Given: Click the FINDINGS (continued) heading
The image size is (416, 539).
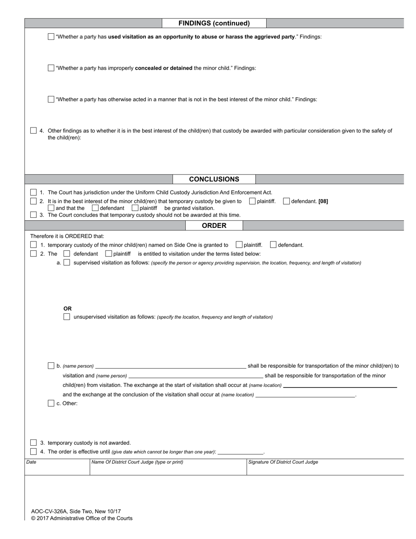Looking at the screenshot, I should coord(214,23).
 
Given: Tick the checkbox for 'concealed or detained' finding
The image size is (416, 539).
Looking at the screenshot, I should coord(51,68).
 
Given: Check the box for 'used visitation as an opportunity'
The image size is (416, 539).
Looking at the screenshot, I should coord(51,37).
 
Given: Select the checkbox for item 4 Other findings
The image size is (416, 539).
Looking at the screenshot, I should coord(34,131).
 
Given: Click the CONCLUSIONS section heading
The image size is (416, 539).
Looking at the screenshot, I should coord(214,179).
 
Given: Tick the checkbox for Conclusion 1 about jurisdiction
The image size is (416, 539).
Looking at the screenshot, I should coord(34,192).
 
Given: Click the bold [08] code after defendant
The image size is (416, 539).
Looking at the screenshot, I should coord(323,202).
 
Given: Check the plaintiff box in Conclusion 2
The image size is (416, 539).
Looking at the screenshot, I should coord(252,201).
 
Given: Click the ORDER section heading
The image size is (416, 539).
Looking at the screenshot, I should coord(214,226).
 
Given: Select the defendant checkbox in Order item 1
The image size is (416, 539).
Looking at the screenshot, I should coord(273,245).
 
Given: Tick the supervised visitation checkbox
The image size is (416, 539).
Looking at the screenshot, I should coord(67,263).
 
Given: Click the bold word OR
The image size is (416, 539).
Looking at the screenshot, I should coord(67,309).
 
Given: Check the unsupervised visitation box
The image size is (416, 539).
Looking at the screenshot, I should coord(67,317).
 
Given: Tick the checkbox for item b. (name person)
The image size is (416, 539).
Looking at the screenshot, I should coord(51,366).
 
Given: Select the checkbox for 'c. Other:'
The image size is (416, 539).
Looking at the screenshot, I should coord(51,404).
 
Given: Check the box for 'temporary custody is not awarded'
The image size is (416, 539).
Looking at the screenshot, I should coord(34,443).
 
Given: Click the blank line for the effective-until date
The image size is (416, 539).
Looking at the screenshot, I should coord(240,452).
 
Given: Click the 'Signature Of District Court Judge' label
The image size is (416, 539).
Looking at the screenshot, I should coord(283,462).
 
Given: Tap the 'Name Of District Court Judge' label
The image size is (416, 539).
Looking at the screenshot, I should coord(137,462).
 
